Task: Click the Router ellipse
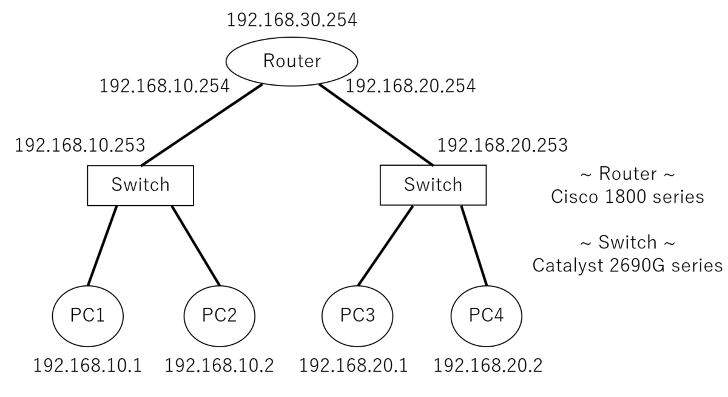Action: click(291, 61)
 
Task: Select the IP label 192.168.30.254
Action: click(291, 19)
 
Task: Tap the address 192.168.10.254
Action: click(164, 86)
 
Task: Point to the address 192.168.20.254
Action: click(410, 86)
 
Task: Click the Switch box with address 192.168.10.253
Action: click(141, 185)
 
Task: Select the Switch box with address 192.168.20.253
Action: click(433, 185)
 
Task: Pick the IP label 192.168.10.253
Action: click(79, 145)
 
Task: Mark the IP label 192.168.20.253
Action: click(502, 145)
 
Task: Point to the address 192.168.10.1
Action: click(87, 365)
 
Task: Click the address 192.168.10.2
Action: click(219, 365)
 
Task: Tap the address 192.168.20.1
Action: click(354, 365)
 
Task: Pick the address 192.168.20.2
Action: click(488, 365)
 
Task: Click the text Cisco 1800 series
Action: click(627, 197)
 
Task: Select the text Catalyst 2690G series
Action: click(627, 265)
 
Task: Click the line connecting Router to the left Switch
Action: click(201, 124)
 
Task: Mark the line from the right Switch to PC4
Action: click(474, 246)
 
